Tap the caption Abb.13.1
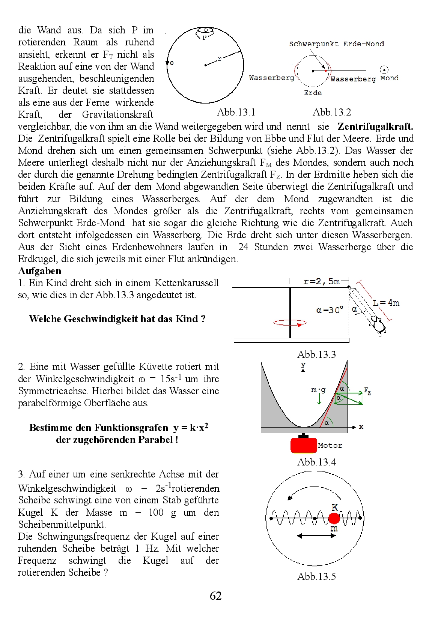click(236, 112)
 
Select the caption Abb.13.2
click(332, 112)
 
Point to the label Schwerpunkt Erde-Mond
click(336, 44)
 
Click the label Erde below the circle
click(313, 93)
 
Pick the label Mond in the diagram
click(389, 78)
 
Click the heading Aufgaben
click(40, 271)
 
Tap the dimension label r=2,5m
click(322, 281)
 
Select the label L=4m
click(386, 303)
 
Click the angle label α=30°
click(330, 310)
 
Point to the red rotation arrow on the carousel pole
click(290, 323)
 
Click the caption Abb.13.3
click(316, 354)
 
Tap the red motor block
click(303, 445)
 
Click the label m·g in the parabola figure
click(318, 390)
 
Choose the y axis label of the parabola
click(303, 364)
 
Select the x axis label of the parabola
click(361, 427)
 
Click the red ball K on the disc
click(334, 518)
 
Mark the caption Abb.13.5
click(316, 576)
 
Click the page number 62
click(216, 596)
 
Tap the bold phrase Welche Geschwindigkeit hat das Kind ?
click(117, 319)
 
